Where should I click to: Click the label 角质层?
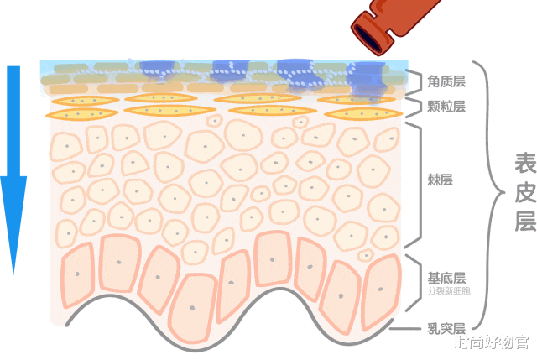pos(446,81)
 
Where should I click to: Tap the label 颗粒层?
pos(446,107)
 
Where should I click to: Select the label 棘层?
pos(440,180)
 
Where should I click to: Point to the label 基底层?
pos(446,278)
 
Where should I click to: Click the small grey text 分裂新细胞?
pos(449,291)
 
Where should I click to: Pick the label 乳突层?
pos(446,328)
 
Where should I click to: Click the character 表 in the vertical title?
pos(525,164)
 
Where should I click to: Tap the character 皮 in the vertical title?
pos(525,192)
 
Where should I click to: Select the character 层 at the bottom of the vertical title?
pos(525,222)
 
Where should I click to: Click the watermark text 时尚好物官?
pos(492,342)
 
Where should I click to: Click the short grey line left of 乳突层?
pos(405,328)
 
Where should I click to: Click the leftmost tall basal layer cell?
pos(77,274)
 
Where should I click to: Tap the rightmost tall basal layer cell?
pos(381,291)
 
